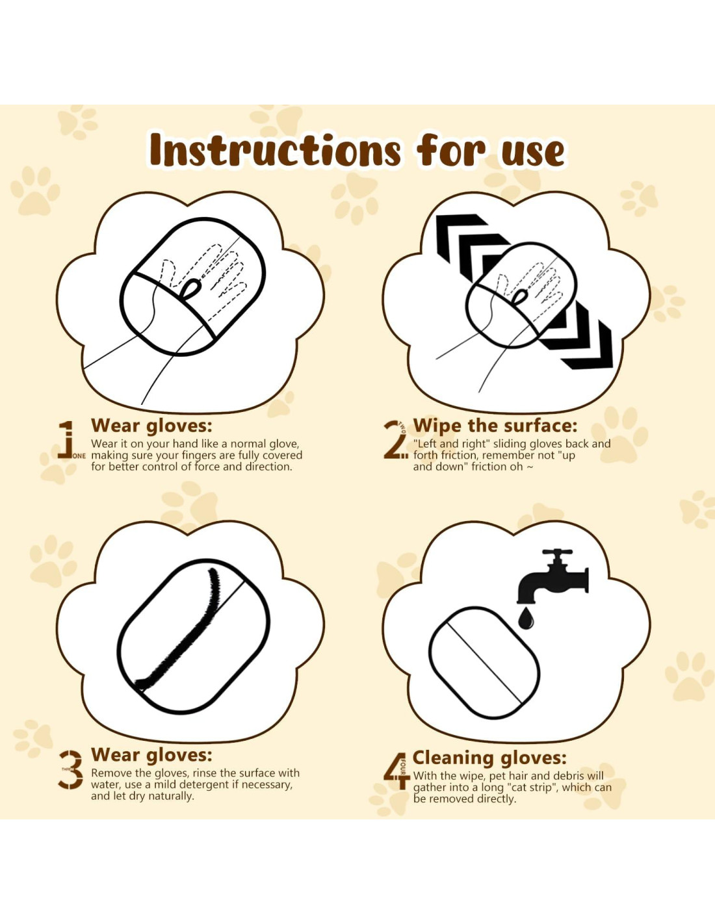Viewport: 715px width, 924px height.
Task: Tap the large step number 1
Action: pyautogui.click(x=66, y=440)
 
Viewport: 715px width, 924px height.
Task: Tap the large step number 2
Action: pyautogui.click(x=395, y=441)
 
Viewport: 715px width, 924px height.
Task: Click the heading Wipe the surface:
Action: pyautogui.click(x=495, y=426)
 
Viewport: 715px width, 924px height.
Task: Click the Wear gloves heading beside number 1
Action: pyautogui.click(x=151, y=426)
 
